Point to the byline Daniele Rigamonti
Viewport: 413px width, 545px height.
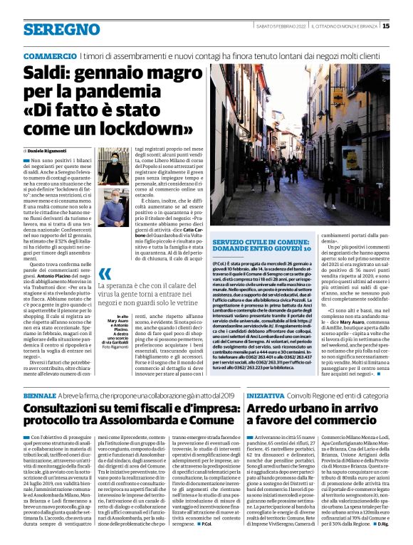(x=49, y=152)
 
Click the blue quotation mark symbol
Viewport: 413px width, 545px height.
(x=105, y=274)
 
